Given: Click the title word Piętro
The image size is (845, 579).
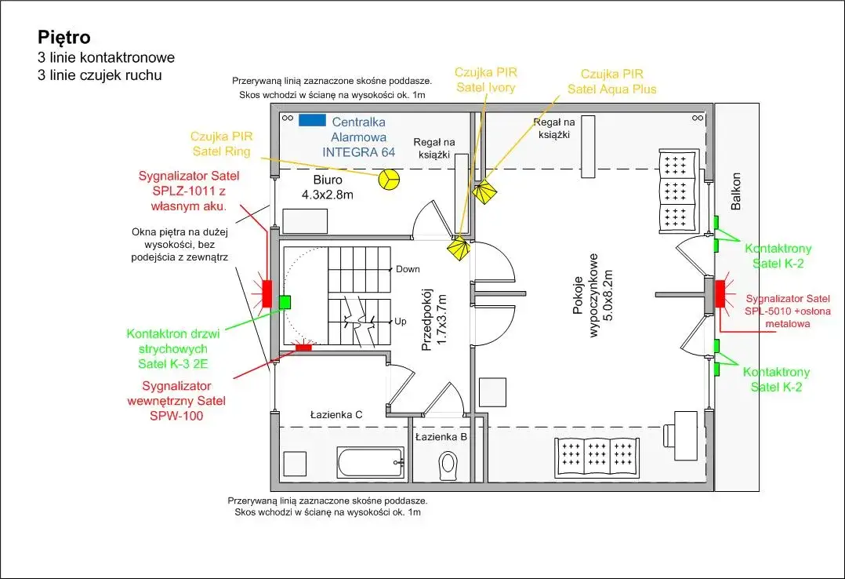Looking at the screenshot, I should coord(64,37).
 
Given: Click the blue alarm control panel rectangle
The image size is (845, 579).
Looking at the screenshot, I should coord(311,120).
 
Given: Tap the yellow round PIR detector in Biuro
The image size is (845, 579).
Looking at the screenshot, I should coord(388,180).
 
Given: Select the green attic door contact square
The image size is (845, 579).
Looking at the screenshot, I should coord(285,300).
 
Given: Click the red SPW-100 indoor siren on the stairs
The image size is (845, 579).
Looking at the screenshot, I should coord(302,346).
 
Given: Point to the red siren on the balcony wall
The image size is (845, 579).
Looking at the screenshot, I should coord(720,293).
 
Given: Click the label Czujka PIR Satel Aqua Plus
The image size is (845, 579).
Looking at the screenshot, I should coord(611,81).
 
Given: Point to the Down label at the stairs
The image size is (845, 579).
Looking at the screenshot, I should coord(408,269).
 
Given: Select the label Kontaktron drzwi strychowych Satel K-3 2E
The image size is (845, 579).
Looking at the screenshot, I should coord(173,348).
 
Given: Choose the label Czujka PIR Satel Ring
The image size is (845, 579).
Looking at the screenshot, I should coord(221,142).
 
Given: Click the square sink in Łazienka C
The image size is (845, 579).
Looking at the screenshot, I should coord(296,464).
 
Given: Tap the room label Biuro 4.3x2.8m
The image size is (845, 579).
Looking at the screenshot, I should coord(327,187).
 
